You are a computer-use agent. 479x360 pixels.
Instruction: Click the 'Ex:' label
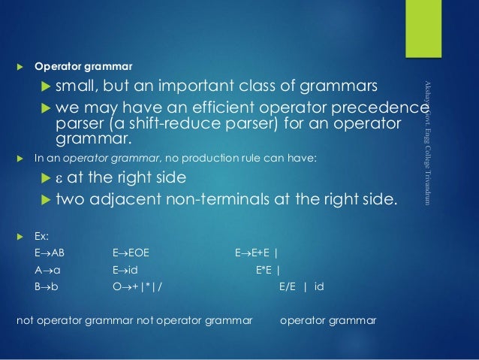pos(42,237)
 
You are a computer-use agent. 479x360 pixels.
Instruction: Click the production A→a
pos(47,270)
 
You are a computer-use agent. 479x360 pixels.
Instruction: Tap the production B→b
pos(47,286)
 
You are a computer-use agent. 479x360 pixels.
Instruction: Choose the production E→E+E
pos(253,253)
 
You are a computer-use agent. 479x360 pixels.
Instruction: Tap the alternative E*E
pos(264,270)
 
